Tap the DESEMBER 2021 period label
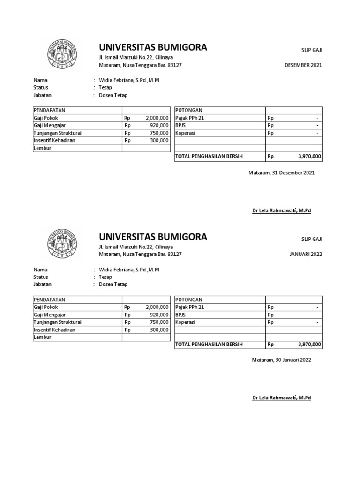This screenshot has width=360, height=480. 303,65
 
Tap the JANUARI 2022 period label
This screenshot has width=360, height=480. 306,254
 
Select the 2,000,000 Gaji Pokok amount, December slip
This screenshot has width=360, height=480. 157,118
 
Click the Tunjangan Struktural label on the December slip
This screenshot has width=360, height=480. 57,133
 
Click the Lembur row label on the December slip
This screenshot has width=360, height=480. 42,148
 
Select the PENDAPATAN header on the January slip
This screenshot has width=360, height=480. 49,300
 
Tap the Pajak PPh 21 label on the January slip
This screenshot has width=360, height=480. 189,307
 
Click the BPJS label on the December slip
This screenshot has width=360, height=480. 180,126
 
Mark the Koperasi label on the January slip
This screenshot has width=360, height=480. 185,322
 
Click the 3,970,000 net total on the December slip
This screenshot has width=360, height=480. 309,156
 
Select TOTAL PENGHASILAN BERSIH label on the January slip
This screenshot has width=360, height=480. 209,345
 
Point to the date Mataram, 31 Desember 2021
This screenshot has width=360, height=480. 281,172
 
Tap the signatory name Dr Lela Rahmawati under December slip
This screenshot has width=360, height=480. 281,210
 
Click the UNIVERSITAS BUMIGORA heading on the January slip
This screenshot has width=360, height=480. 152,236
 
